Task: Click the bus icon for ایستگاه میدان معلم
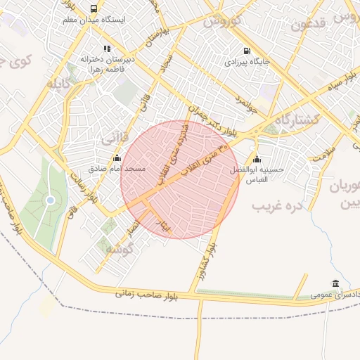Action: coord(94,8)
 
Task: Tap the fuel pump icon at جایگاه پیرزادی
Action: coord(246,51)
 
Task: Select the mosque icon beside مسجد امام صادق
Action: coord(117,158)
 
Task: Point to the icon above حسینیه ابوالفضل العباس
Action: coord(257,158)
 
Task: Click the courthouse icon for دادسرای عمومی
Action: coord(335,283)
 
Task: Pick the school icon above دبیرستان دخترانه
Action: coord(107,49)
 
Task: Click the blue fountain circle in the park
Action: coord(50,201)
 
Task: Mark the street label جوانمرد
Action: coord(247,104)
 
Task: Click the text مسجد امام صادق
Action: coord(117,169)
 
